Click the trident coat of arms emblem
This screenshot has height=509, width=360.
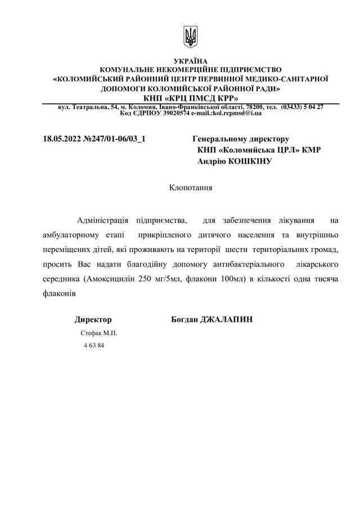point(191,37)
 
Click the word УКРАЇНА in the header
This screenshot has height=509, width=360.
point(191,61)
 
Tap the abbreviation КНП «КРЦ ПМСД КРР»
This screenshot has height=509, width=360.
point(191,98)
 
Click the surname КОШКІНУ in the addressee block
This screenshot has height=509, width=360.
point(249,161)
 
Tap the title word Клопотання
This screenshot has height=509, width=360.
point(191,187)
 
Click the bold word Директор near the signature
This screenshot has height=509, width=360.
point(93,319)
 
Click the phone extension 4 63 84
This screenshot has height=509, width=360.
point(94,345)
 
